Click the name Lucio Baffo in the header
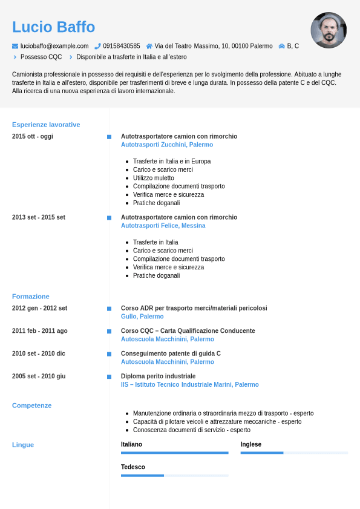pos(53,27)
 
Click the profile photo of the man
pos(329,30)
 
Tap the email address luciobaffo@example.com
pos(54,46)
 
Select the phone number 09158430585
pos(121,46)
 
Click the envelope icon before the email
pos(15,46)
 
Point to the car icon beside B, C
pos(281,46)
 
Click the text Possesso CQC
pos(41,57)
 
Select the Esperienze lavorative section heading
pos(46,125)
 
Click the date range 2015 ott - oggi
pos(33,136)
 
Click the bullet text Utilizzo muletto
pos(154,178)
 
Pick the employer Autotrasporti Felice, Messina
pos(163,226)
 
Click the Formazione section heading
pos(31,297)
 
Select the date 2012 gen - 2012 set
pos(39,308)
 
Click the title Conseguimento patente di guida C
pos(171,353)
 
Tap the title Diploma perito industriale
pos(158,376)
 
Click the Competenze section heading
pos(32,406)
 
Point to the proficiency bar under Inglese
pos(294,453)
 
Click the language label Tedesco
pos(133,467)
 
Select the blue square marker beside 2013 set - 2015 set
pos(109,217)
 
